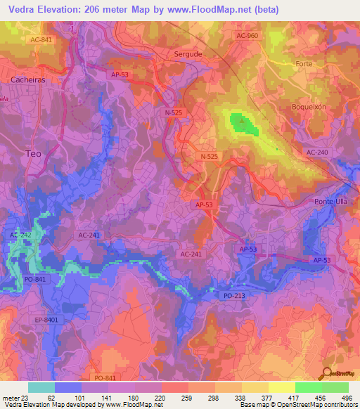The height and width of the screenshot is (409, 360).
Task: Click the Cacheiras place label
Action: (x=28, y=79)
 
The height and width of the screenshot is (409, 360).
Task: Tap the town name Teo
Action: (x=33, y=152)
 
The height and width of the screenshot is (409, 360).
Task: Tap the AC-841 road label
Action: (x=41, y=39)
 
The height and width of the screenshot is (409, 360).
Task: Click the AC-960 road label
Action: (x=248, y=35)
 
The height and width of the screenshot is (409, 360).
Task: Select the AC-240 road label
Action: (x=316, y=152)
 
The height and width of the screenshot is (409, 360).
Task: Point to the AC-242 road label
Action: (x=21, y=235)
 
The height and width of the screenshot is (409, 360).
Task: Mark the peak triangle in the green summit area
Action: (x=243, y=120)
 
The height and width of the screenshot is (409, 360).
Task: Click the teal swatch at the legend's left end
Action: (x=40, y=387)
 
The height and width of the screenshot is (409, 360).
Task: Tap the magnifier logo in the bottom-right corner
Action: (x=328, y=373)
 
